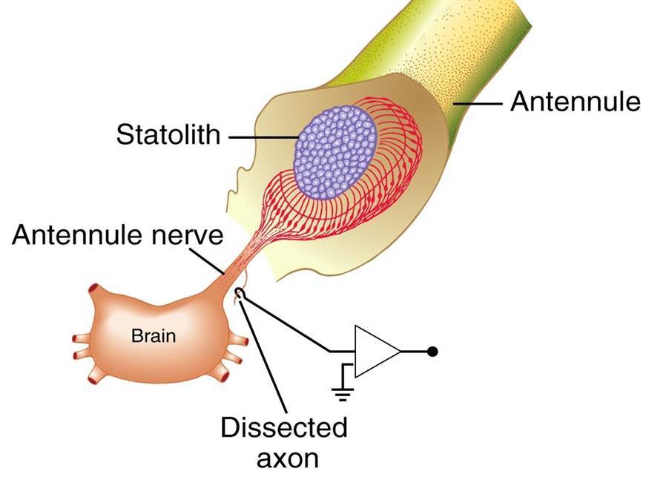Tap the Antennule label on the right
click(x=574, y=101)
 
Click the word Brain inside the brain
click(x=154, y=336)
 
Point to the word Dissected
click(x=284, y=428)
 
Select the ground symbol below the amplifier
click(x=342, y=392)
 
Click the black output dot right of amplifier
click(x=432, y=351)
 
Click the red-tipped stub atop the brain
click(x=94, y=288)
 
